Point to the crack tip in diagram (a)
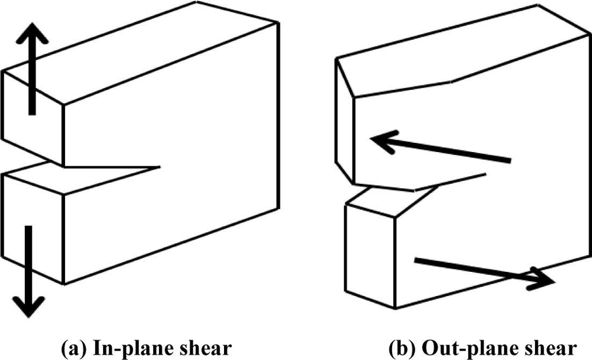tap(160, 167)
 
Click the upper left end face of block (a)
tap(32, 121)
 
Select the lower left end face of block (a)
tap(32, 228)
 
